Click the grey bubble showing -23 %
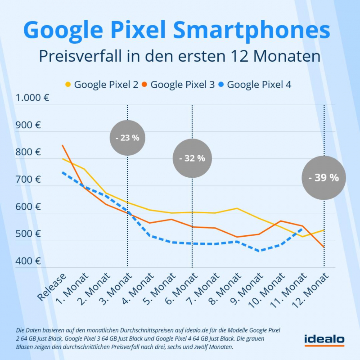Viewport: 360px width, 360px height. click(x=127, y=138)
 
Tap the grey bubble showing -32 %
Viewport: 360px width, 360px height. click(x=192, y=158)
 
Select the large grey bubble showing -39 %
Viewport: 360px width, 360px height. click(x=323, y=177)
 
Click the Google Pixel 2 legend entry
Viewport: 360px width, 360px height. click(x=102, y=84)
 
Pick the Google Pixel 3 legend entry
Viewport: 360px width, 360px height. click(x=178, y=84)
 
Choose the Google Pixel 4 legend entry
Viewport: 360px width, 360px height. click(x=255, y=84)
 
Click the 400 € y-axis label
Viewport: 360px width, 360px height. click(x=28, y=261)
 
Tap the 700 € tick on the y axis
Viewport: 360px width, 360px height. click(x=28, y=180)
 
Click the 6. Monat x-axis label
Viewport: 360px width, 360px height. click(x=179, y=288)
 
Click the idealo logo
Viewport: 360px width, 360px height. click(x=324, y=339)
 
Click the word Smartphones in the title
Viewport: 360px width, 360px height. click(x=251, y=30)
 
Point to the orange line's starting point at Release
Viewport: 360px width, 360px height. click(x=63, y=145)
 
